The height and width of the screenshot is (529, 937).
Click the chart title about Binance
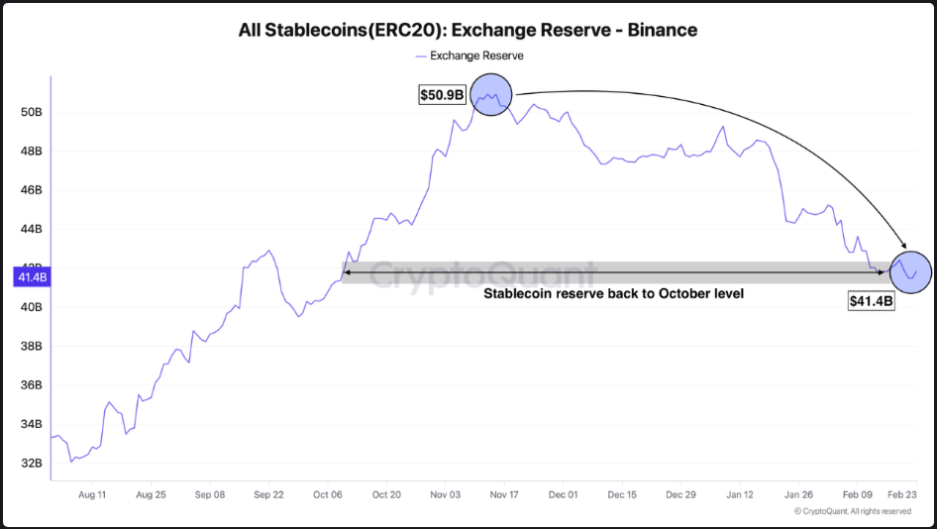click(x=468, y=30)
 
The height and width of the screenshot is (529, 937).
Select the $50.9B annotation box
click(x=442, y=95)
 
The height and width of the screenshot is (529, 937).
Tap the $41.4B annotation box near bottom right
click(x=872, y=301)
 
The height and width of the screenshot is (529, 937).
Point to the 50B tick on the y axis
click(x=32, y=112)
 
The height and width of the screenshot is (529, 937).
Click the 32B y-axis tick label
click(x=32, y=463)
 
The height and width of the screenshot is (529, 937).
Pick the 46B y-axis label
click(x=32, y=190)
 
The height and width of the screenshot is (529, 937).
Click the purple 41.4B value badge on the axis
click(x=32, y=277)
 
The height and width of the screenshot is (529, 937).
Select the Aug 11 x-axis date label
click(x=91, y=493)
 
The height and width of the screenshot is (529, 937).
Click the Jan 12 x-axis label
click(x=741, y=493)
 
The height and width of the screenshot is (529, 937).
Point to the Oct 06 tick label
click(x=328, y=493)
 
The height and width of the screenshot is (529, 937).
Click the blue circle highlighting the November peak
click(x=490, y=95)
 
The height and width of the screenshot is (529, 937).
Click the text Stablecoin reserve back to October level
click(x=613, y=294)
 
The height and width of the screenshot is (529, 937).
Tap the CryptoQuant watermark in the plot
click(x=482, y=274)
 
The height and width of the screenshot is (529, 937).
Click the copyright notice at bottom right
click(x=853, y=511)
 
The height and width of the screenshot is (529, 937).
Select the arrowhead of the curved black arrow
click(x=903, y=246)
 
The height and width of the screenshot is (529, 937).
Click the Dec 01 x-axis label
click(x=564, y=493)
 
